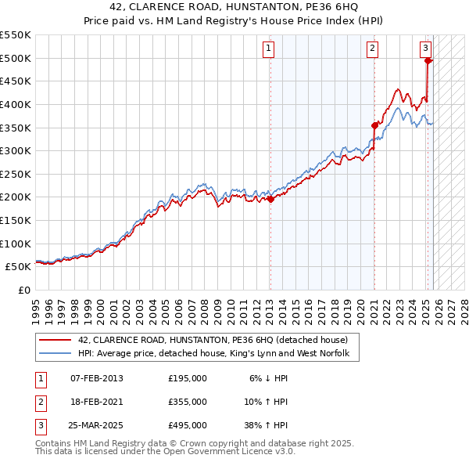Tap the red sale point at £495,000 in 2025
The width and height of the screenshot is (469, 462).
(x=428, y=60)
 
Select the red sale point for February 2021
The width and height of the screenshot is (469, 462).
(x=374, y=125)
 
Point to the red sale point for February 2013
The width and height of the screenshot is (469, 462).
(x=270, y=199)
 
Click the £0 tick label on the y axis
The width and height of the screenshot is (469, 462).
(x=25, y=290)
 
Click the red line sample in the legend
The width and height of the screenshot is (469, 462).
(x=55, y=340)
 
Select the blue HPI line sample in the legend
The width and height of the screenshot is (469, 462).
(x=55, y=354)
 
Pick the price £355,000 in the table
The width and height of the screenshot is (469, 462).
(x=188, y=402)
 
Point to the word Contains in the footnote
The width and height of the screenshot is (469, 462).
(x=54, y=443)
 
